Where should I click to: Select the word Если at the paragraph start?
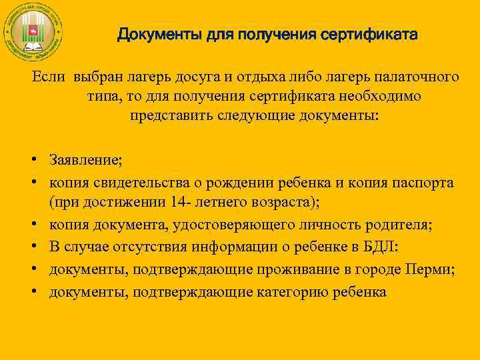click(x=49, y=78)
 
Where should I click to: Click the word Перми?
click(x=435, y=269)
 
